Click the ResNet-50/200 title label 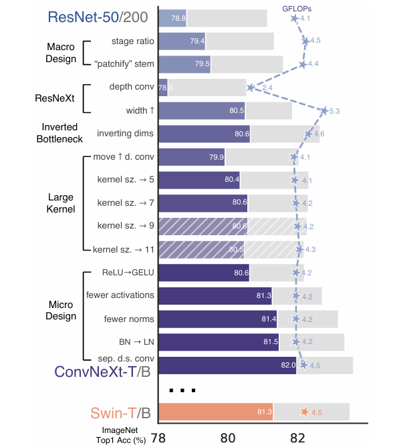[x=98, y=18]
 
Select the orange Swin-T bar [x=215, y=412]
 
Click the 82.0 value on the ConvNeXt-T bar [x=288, y=365]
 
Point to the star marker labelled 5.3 [x=325, y=110]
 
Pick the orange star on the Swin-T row [x=305, y=412]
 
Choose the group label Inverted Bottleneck [x=60, y=133]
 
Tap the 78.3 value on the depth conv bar [x=165, y=88]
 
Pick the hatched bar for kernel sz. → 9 [x=203, y=227]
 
